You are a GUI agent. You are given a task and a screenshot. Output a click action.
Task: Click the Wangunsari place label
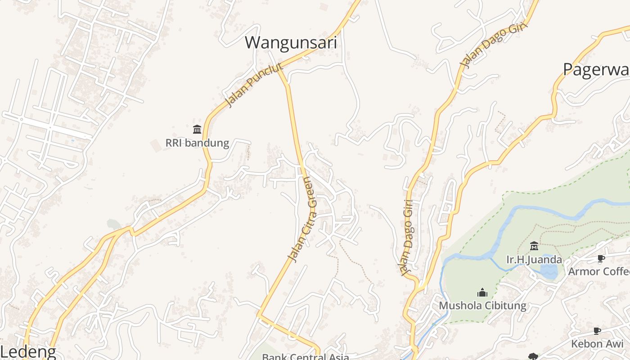point(291,43)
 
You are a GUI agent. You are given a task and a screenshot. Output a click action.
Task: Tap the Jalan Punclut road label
point(254,85)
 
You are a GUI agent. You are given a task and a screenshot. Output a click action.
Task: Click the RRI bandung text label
point(197,143)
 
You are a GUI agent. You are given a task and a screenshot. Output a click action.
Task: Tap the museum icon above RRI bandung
point(197,130)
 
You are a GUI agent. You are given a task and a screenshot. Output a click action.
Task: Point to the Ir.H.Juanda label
point(534,260)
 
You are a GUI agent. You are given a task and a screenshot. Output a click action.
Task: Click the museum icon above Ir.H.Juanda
point(534,246)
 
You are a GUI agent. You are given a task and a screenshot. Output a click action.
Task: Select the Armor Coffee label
point(598,271)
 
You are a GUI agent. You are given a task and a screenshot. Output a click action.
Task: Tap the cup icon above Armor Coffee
point(600,258)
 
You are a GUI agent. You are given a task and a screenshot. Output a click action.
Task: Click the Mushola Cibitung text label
point(482,306)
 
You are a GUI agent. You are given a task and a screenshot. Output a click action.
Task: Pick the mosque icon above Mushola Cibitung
point(482,292)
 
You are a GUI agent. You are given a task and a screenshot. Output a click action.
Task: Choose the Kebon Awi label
point(597,344)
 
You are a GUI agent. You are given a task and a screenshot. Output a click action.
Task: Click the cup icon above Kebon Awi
point(597,331)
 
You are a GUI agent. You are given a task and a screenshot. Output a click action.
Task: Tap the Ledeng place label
point(28,352)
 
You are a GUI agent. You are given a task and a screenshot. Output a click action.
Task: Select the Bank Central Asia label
point(306,357)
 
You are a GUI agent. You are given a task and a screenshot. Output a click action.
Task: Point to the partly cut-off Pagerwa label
point(596,69)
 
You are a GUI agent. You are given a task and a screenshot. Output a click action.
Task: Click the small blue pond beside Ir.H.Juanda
point(549,270)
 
